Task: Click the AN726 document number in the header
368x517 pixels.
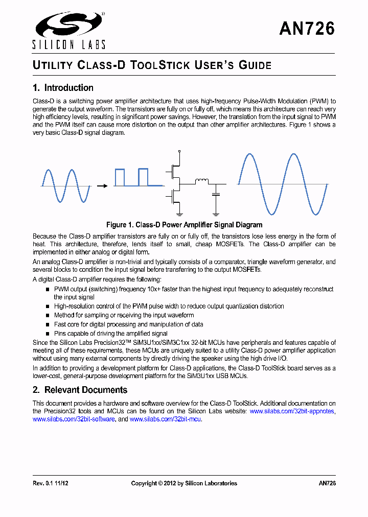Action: pyautogui.click(x=307, y=29)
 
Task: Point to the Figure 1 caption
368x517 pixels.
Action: pyautogui.click(x=184, y=225)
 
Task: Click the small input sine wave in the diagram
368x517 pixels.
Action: pyautogui.click(x=65, y=186)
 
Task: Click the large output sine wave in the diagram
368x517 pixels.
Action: pyautogui.click(x=283, y=184)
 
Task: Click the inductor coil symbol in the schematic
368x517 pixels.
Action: pyautogui.click(x=202, y=180)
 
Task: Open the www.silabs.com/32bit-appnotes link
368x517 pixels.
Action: pyautogui.click(x=292, y=411)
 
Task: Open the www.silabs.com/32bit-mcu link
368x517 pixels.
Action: pyautogui.click(x=166, y=419)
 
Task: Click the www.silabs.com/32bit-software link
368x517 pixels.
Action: pyautogui.click(x=74, y=419)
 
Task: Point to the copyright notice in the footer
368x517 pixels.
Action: pyautogui.click(x=184, y=483)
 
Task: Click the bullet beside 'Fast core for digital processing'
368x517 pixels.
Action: pyautogui.click(x=48, y=324)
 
